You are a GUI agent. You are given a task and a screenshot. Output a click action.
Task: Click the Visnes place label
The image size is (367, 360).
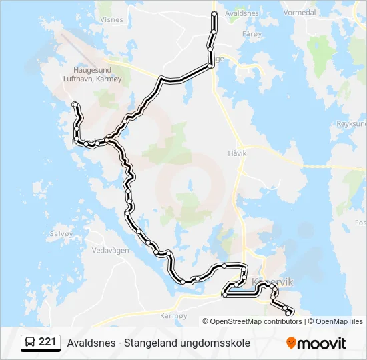(111, 20)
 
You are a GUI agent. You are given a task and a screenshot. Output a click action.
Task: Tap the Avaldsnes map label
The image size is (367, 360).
(242, 13)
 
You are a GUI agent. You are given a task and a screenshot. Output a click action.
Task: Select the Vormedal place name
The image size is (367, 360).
(300, 12)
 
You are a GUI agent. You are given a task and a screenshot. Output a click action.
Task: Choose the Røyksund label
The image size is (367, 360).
(352, 124)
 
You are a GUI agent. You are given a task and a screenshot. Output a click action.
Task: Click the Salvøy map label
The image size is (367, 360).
(61, 234)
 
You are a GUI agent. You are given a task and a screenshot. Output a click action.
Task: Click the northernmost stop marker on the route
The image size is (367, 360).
(214, 14)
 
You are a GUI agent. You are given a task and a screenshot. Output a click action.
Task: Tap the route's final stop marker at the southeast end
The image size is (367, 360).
(288, 312)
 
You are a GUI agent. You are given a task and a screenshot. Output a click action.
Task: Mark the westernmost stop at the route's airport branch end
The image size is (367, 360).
(75, 104)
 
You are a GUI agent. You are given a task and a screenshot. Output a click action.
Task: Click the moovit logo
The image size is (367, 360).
(316, 343)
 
